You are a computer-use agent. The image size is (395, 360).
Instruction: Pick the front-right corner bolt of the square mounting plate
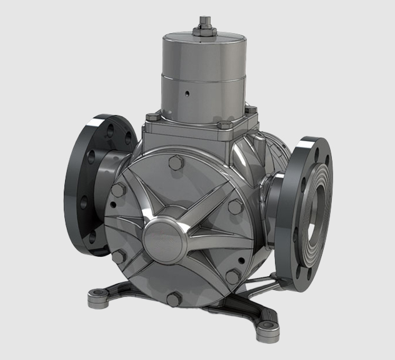pyautogui.click(x=224, y=126)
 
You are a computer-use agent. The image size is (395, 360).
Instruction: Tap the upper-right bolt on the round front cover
pyautogui.click(x=234, y=206)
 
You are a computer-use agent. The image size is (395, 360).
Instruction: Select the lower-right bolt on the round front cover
pyautogui.click(x=232, y=276)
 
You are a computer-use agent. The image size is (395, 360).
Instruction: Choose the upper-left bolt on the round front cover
pyautogui.click(x=117, y=191)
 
